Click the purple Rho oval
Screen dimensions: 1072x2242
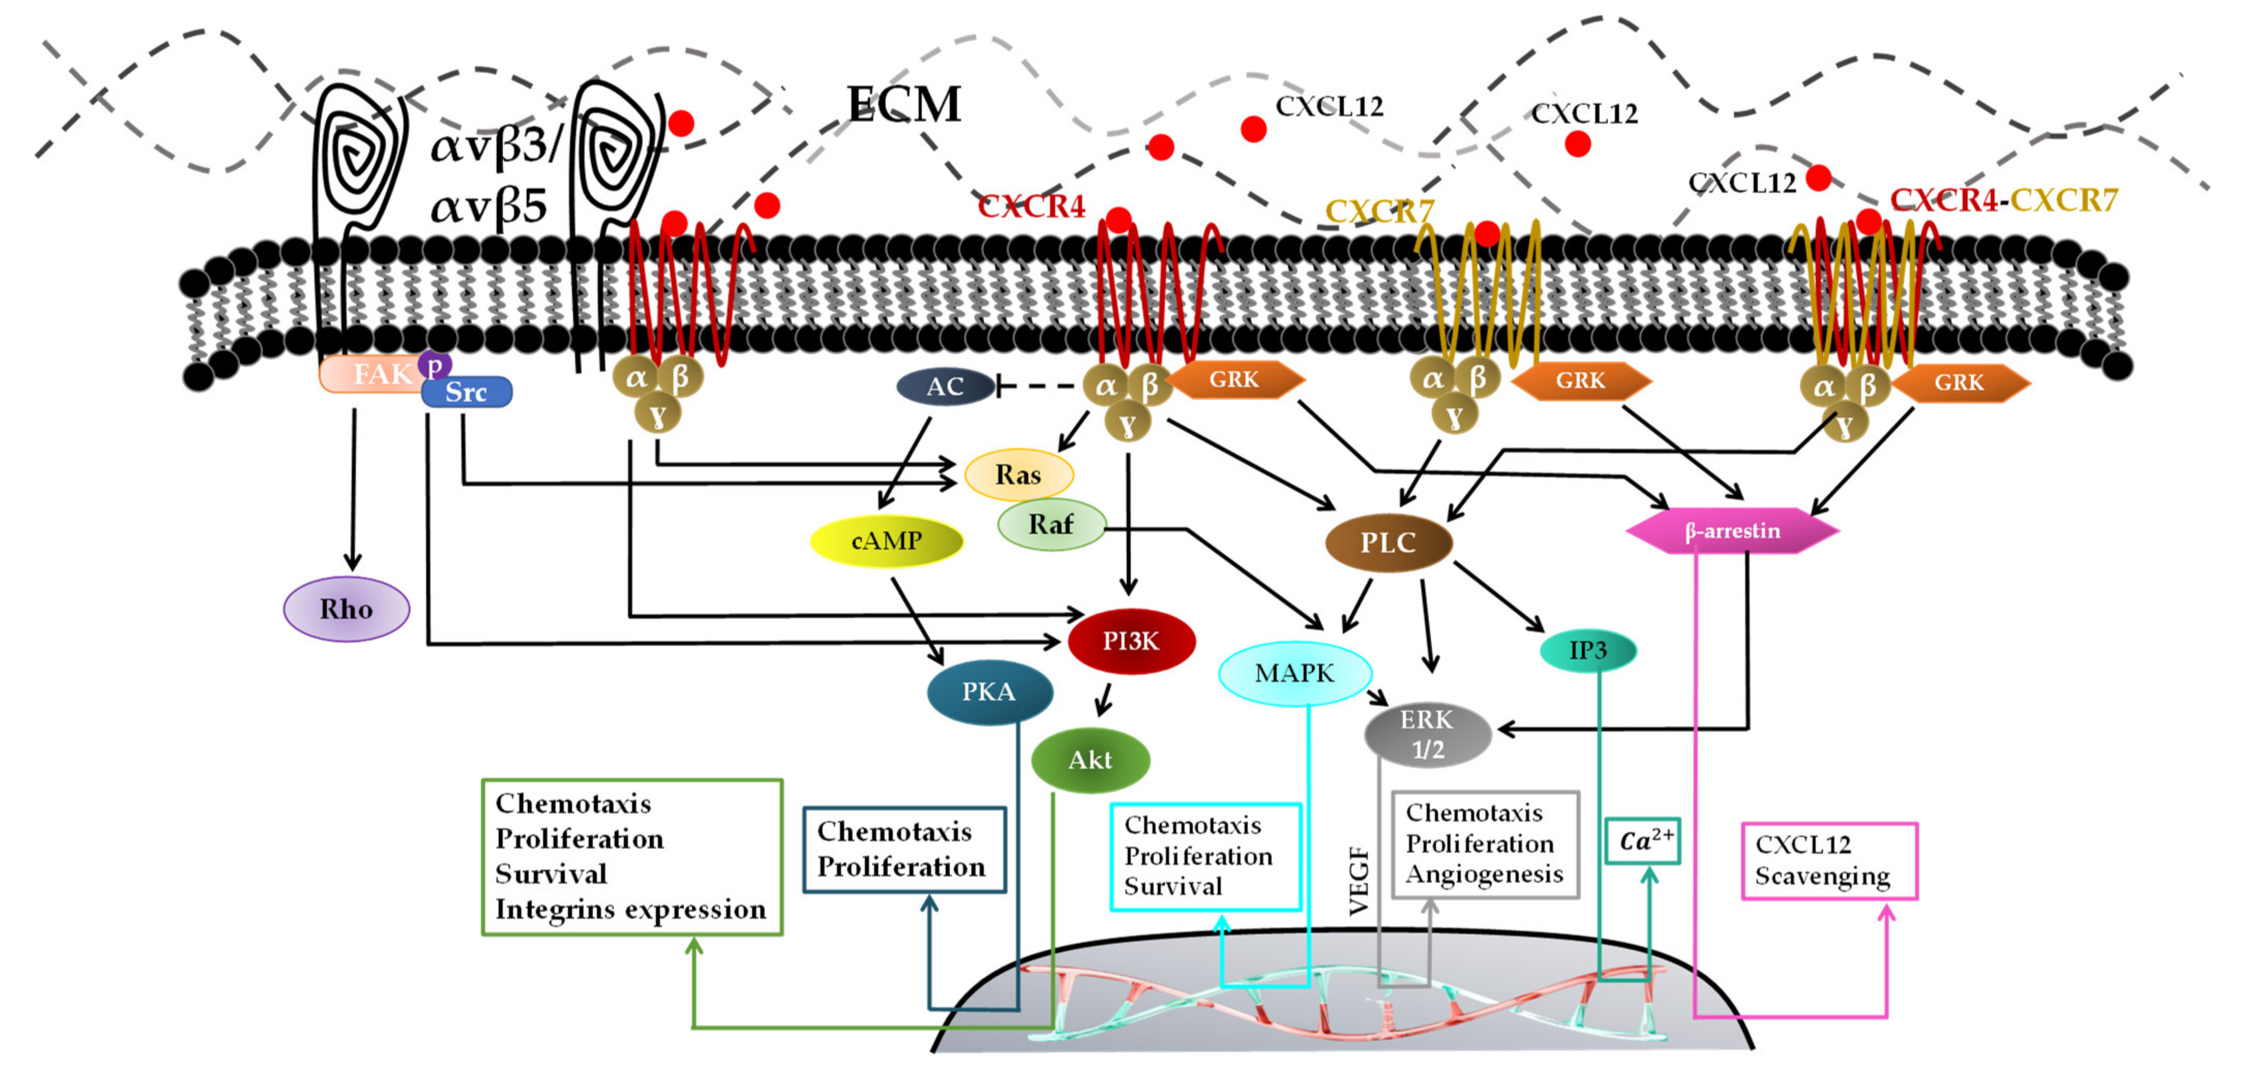pyautogui.click(x=347, y=609)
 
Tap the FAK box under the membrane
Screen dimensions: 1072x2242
pyautogui.click(x=374, y=374)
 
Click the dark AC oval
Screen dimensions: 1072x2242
pyautogui.click(x=945, y=386)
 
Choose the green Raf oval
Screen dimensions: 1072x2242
pyautogui.click(x=1051, y=525)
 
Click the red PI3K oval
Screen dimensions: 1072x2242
pyautogui.click(x=1131, y=641)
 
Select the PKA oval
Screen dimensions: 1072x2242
pyautogui.click(x=989, y=692)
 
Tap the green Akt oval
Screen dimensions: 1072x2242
pyautogui.click(x=1089, y=760)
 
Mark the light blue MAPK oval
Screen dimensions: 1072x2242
pyautogui.click(x=1294, y=673)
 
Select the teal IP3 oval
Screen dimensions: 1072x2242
pyautogui.click(x=1588, y=650)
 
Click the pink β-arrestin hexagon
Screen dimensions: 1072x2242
pyautogui.click(x=1732, y=531)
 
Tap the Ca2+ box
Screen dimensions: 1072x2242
pyautogui.click(x=1642, y=840)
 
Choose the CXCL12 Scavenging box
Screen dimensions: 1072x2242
pyautogui.click(x=1829, y=860)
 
